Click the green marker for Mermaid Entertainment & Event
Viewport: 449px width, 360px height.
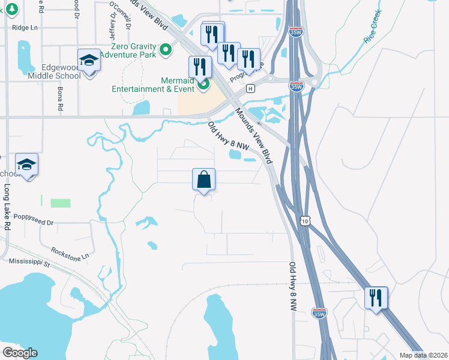(x=203, y=85)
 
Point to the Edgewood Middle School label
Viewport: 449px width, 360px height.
(x=54, y=72)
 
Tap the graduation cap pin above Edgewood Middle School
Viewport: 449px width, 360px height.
(x=89, y=61)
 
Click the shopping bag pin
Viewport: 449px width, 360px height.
(x=204, y=179)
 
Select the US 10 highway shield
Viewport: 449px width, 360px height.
(x=306, y=221)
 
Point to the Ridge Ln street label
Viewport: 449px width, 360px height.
(x=25, y=28)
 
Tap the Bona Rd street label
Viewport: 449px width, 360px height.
(x=60, y=100)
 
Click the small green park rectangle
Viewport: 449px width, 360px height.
(x=60, y=203)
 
